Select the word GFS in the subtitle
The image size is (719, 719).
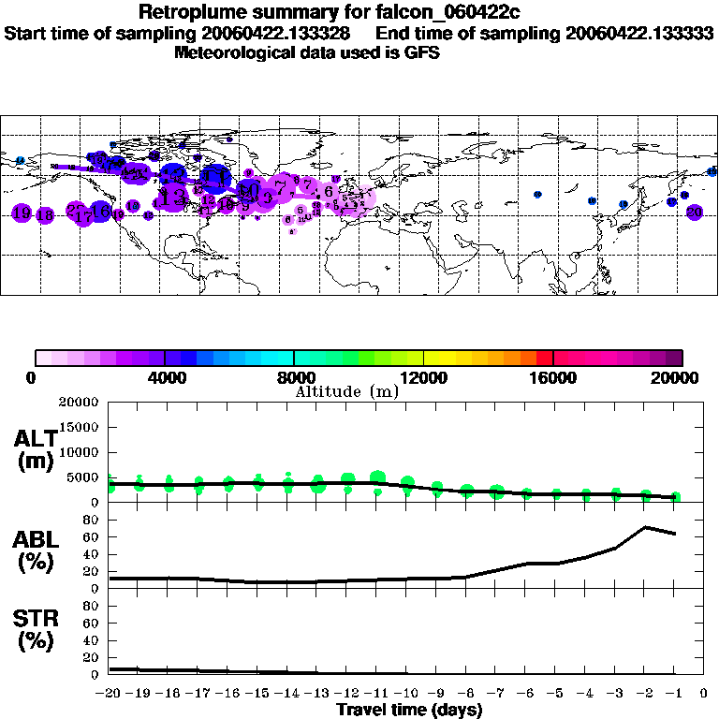tap(421, 52)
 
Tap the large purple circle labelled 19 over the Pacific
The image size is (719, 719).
tap(22, 213)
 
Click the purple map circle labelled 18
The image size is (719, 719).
tap(43, 214)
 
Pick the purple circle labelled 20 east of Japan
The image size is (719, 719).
tap(694, 213)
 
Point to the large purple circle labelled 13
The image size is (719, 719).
tap(172, 197)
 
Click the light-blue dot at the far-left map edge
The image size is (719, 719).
tap(19, 161)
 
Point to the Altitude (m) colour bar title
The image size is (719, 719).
tap(347, 391)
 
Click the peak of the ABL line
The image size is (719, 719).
tap(645, 527)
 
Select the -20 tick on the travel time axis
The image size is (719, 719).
tap(110, 693)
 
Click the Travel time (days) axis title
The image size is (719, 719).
tap(409, 710)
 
